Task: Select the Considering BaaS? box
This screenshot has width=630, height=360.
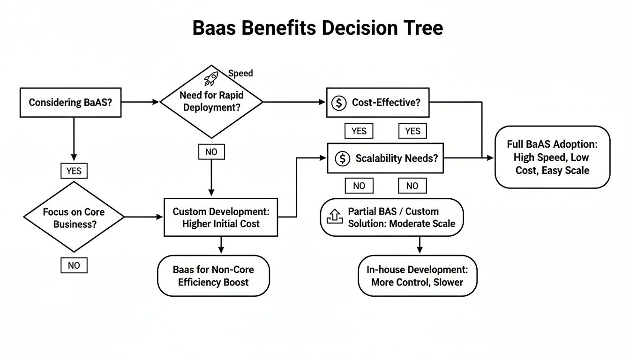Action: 70,102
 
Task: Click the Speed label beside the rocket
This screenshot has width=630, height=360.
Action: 240,73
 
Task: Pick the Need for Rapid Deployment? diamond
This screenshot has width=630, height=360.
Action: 211,101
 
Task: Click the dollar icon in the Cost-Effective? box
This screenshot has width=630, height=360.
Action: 338,103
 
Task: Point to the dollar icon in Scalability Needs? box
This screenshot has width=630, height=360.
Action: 343,158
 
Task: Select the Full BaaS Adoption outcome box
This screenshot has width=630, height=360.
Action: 552,157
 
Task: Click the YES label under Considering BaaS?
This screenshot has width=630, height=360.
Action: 74,171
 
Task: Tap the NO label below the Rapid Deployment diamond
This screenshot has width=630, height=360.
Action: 211,152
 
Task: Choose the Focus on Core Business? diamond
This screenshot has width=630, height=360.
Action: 74,217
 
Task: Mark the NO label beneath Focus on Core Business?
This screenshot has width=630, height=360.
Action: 74,265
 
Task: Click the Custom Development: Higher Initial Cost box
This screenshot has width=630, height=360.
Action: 220,217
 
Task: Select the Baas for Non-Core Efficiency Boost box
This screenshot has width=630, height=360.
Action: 213,276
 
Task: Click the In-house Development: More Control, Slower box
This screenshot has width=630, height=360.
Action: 417,276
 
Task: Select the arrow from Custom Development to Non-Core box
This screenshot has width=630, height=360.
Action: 221,245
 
